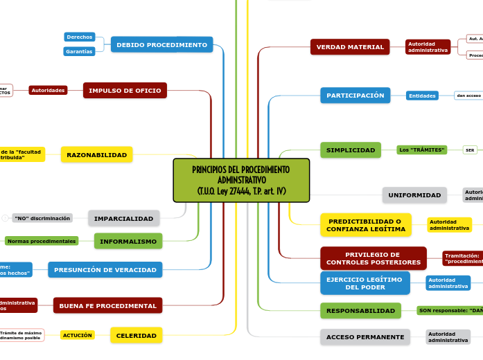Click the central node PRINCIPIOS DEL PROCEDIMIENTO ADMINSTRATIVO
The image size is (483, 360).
pos(240,180)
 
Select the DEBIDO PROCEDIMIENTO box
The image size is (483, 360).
pos(161,45)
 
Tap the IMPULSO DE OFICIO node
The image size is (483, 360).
pos(125,91)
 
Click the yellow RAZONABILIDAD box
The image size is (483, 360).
pos(96,155)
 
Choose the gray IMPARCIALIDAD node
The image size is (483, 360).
pos(123,219)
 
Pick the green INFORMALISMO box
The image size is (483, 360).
pos(128,241)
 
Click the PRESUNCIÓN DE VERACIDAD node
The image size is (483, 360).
pos(105,270)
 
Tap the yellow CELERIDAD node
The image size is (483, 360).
pos(136,336)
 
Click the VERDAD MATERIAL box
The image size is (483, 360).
pos(350,47)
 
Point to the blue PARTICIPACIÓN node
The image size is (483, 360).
pos(355,96)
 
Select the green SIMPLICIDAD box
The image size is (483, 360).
pos(350,150)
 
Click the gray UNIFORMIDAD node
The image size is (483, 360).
pos(414,195)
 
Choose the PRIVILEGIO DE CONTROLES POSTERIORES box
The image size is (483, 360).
pos(373,258)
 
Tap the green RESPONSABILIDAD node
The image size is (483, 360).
pos(360,311)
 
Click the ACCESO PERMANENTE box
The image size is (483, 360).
pos(365,337)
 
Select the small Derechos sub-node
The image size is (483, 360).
pos(79,37)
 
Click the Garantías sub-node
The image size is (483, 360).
pos(79,52)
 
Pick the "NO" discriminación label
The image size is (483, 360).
pos(42,218)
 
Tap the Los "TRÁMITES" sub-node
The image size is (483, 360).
pos(421,150)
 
